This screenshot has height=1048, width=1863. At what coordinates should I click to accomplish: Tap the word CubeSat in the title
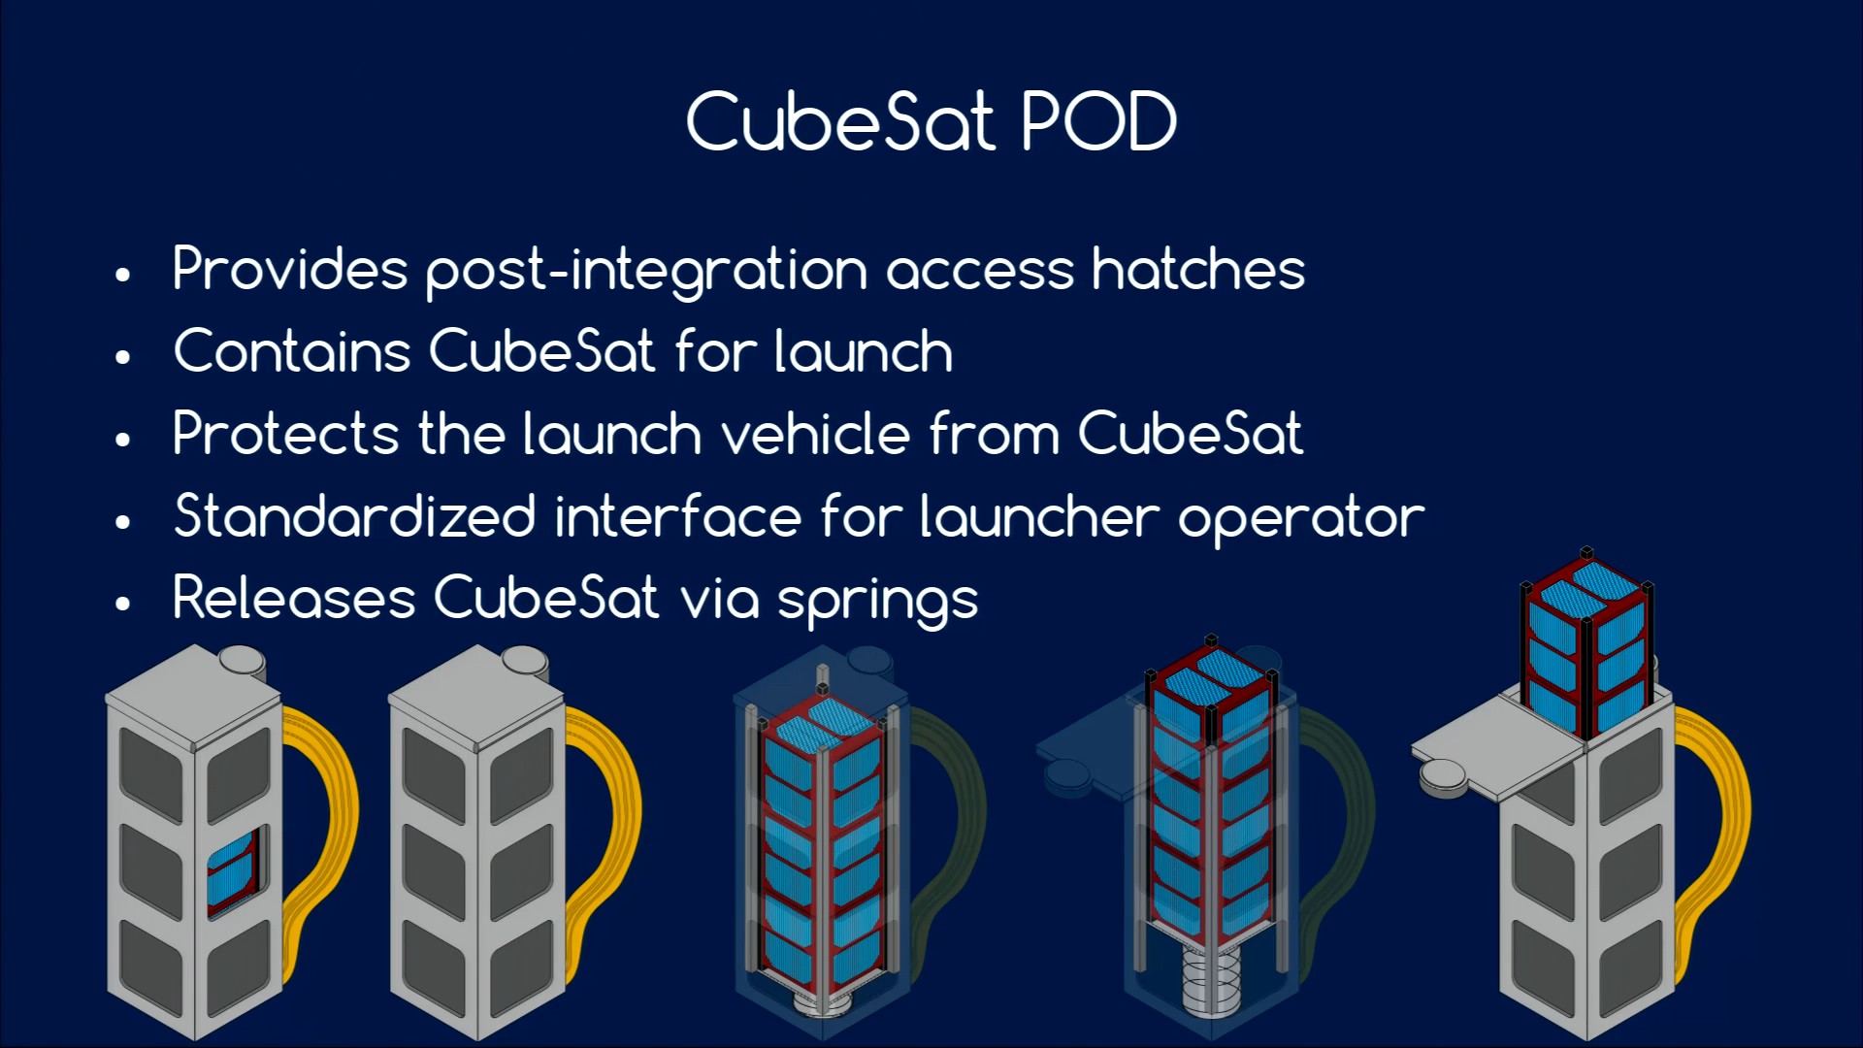point(840,121)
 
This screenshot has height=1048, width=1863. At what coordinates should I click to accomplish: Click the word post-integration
point(646,271)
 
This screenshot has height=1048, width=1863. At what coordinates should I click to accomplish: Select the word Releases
point(294,597)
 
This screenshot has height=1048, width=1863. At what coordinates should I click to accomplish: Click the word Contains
point(292,350)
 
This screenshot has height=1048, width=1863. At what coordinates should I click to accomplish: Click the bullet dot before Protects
point(122,440)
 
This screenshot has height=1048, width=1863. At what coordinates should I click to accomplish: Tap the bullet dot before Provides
point(122,275)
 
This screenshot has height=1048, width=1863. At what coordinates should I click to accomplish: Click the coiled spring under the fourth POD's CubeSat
point(1211,980)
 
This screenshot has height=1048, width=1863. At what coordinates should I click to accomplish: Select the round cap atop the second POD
point(525,661)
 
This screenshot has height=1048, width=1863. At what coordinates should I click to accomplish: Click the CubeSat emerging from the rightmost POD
point(1586,645)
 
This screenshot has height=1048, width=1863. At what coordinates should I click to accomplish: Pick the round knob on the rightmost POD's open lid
point(1443,777)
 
